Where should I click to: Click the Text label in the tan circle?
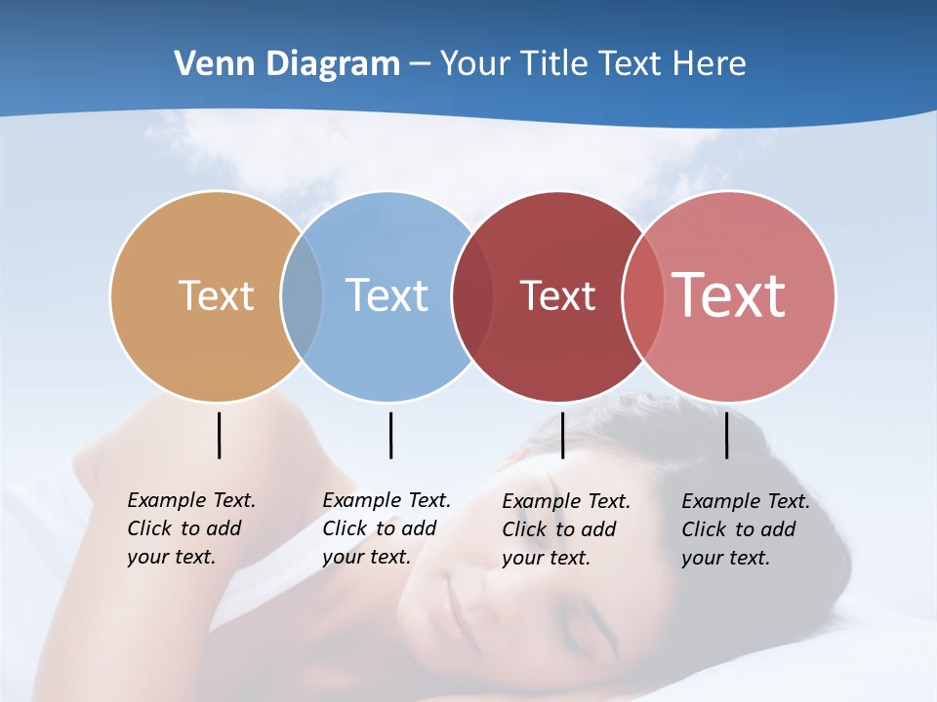216,295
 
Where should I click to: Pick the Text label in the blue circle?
387,295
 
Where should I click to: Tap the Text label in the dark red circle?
557,295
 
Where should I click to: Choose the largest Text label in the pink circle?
729,295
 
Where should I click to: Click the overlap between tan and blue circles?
302,295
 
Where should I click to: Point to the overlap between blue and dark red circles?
472,295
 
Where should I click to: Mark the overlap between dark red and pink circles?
643,295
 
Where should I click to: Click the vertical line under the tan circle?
219,435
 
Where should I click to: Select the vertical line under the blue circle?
390,435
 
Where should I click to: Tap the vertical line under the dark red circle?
562,435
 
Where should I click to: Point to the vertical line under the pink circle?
726,435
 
